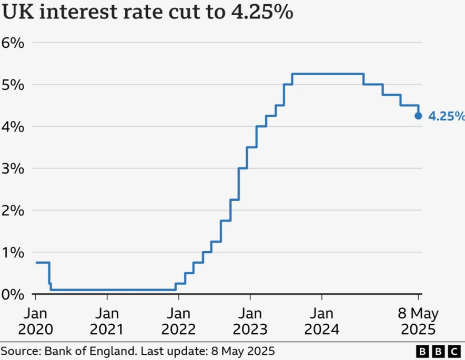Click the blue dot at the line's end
418,116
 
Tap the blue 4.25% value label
447,116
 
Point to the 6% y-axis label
13,43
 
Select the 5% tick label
13,85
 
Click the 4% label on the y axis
13,127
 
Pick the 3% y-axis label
13,169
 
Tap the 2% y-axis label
13,211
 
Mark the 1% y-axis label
13,253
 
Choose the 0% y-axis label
13,294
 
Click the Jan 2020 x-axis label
36,321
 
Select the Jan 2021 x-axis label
107,321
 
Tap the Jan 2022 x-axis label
178,321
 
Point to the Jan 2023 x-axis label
250,321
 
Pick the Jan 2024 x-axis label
322,321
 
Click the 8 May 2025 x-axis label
418,321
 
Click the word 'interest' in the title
78,12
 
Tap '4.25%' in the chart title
262,12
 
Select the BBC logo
438,352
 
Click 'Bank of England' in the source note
90,351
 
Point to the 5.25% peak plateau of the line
328,74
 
